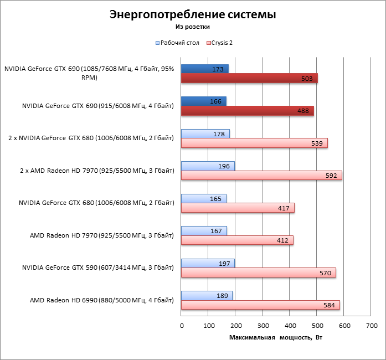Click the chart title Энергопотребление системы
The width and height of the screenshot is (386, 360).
192,14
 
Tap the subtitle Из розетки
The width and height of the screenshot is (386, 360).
192,26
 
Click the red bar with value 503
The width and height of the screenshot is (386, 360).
249,79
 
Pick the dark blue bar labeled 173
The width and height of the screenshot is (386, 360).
204,69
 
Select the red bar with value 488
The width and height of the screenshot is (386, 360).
247,111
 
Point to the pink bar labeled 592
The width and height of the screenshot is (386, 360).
261,175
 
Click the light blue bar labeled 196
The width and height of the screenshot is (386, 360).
208,166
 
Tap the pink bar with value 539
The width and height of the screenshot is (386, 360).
254,143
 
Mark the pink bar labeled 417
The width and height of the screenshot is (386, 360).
238,208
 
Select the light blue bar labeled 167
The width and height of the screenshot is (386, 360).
204,231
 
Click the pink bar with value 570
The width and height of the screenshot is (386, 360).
258,272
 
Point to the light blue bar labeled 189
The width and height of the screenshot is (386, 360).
207,296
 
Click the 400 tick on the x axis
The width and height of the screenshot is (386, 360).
290,325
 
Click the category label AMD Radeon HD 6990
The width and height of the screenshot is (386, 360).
102,300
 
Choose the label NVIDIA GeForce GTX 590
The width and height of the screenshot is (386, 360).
98,268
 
